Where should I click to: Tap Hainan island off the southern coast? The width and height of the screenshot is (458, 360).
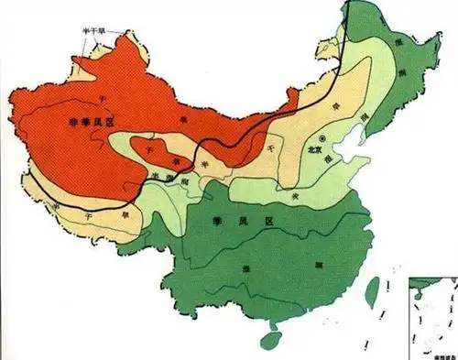[270, 340]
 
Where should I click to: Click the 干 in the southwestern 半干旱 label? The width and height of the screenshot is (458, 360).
[88, 213]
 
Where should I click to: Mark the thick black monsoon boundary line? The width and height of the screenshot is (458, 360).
[275, 128]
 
